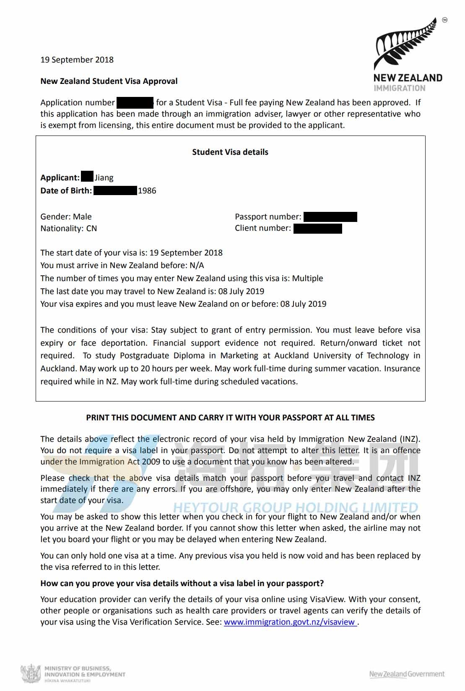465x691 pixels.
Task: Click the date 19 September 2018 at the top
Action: tap(77, 60)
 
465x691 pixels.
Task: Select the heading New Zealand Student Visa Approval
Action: tap(109, 81)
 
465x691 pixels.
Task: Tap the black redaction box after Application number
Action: tap(135, 102)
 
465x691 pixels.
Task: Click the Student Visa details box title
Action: tap(230, 152)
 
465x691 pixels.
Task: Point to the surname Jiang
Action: tap(104, 177)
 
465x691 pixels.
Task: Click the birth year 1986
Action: tap(147, 190)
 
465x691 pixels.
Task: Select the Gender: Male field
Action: tap(66, 216)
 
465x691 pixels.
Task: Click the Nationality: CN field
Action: tap(68, 228)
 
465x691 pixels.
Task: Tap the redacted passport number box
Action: tap(330, 216)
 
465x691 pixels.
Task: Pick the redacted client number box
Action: tap(317, 228)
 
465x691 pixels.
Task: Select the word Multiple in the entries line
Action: tap(307, 278)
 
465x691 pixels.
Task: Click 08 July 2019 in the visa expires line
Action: tap(303, 304)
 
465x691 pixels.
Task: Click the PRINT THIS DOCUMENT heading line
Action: tap(230, 417)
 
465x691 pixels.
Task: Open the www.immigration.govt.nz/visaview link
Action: tap(290, 622)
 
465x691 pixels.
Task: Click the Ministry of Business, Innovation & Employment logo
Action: tap(73, 674)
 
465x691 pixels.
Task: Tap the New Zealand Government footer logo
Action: tap(406, 674)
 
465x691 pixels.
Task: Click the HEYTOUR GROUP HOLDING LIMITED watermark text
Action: tap(295, 508)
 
